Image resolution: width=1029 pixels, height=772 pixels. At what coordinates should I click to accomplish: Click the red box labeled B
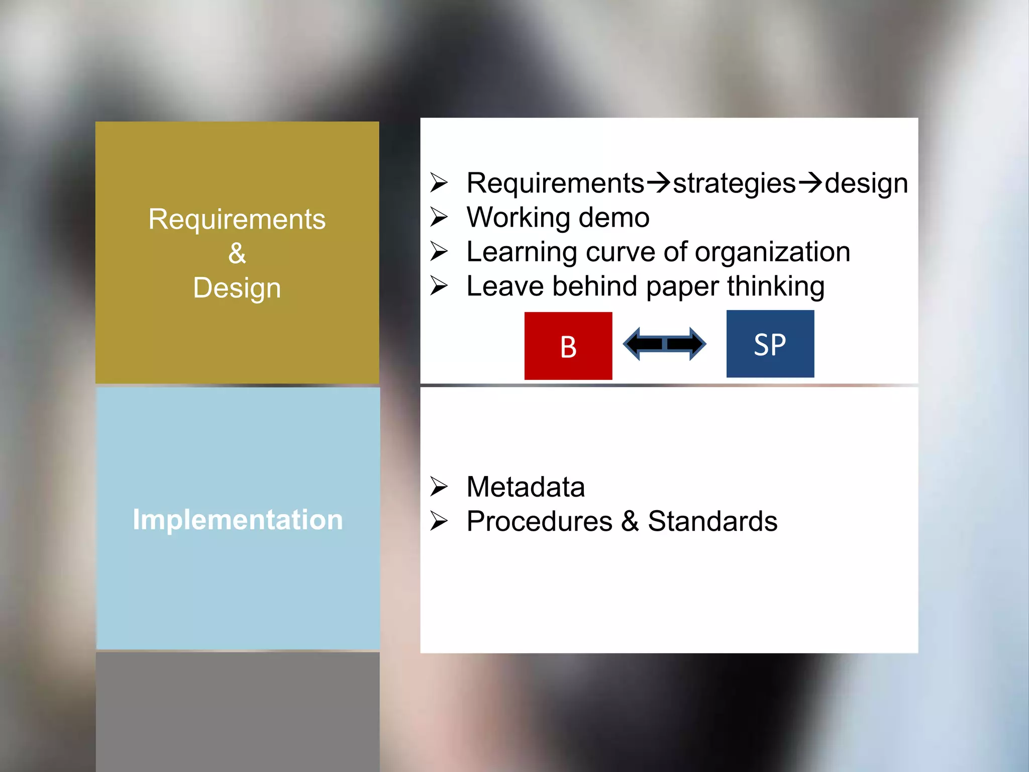[x=568, y=346]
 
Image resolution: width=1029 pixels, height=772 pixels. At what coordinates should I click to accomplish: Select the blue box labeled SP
[x=770, y=344]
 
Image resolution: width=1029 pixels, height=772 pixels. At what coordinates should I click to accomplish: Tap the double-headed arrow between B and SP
[x=664, y=344]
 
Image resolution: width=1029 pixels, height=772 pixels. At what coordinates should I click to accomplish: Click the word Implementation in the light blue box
[x=238, y=520]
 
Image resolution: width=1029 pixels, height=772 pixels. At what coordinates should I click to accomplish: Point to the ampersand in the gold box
[x=237, y=253]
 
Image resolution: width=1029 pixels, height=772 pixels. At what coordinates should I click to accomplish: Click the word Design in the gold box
[x=237, y=288]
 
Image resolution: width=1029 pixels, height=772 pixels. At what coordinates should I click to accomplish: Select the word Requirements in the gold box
[x=237, y=219]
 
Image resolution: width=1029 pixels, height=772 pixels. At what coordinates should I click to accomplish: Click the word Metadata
[x=526, y=487]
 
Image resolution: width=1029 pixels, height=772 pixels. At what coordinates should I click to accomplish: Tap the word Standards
[x=712, y=521]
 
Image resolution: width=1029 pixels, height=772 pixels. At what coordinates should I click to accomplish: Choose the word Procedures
[x=540, y=521]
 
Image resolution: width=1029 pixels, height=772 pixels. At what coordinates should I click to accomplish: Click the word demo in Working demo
[x=614, y=218]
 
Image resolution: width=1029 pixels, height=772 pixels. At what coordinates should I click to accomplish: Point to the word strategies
[x=734, y=183]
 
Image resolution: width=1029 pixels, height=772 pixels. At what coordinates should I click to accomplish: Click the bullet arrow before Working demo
[x=439, y=217]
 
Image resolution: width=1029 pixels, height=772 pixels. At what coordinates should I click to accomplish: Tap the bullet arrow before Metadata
[x=439, y=487]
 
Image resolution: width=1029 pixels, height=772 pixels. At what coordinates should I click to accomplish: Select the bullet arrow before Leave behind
[x=439, y=286]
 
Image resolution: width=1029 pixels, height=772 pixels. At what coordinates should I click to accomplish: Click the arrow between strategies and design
[x=810, y=182]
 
